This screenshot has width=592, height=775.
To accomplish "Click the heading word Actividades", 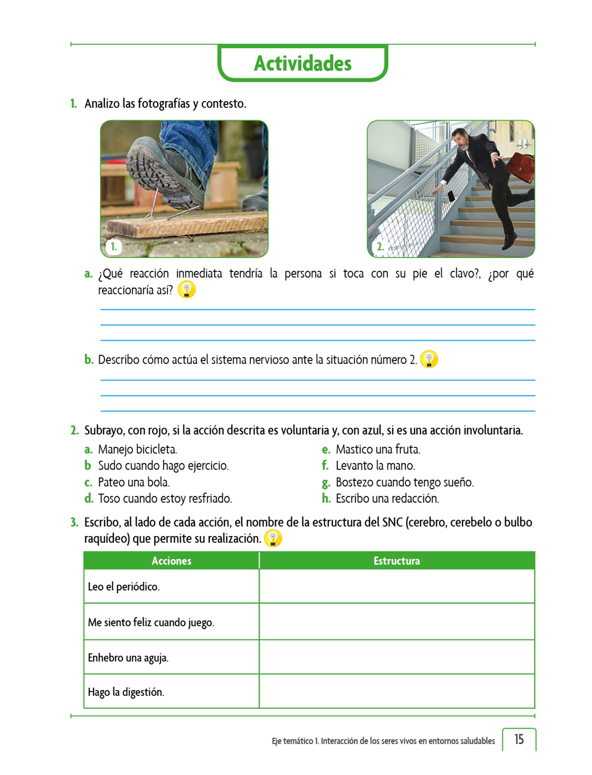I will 302,63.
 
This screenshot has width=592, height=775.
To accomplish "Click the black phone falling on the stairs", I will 451,196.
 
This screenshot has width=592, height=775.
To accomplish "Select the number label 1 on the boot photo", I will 113,247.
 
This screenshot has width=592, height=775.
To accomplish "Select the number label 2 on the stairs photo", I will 380,247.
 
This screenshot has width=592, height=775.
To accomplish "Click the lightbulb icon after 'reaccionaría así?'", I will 187,290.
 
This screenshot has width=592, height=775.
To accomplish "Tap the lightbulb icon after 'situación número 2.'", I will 429,359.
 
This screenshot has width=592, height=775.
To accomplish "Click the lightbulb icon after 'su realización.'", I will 273,538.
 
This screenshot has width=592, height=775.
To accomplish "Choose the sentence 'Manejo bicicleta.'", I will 137,449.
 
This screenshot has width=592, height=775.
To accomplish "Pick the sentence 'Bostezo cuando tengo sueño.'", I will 404,482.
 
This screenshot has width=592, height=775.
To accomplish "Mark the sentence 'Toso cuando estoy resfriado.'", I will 165,498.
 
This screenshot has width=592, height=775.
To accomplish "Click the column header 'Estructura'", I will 396,561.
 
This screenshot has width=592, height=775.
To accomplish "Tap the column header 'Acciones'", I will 171,561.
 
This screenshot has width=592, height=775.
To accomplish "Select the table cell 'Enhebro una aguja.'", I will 128,658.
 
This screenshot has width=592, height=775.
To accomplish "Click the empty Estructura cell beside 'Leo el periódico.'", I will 396,587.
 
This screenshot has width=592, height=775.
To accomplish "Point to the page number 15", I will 519,739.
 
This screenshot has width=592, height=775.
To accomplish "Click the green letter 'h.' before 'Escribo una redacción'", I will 326,498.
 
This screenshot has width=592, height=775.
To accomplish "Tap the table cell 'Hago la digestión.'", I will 126,692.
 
